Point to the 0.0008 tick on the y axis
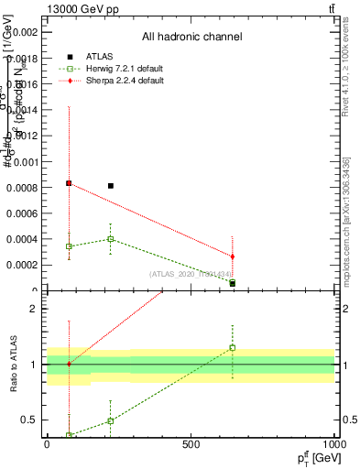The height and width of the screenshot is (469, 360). tap(24, 187)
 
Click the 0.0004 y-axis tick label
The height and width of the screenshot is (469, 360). tap(24, 239)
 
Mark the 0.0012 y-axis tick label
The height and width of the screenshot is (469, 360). tap(24, 136)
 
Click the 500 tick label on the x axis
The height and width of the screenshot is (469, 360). tap(191, 444)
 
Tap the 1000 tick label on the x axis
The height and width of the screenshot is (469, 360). tap(333, 444)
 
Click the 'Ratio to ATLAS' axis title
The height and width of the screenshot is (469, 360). tap(12, 365)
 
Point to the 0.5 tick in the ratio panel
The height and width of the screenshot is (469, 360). tap(33, 420)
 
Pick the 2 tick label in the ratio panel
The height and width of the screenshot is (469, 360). tap(37, 309)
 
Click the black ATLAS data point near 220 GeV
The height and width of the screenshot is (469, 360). tap(111, 186)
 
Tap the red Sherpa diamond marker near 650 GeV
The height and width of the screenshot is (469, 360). tap(233, 256)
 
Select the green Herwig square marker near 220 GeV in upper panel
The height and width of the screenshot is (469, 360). tap(111, 239)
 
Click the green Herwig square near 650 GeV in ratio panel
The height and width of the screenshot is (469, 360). tap(233, 348)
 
